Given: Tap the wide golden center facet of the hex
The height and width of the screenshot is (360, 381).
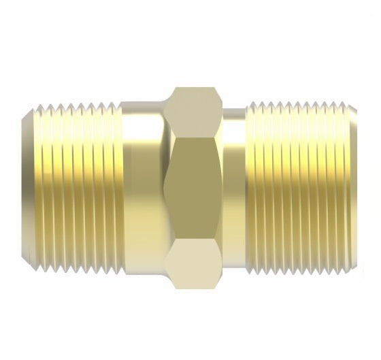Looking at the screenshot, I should click(195, 187).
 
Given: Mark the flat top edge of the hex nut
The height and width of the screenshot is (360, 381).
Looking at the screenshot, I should click(195, 88).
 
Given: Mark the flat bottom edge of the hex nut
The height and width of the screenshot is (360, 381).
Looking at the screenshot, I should click(195, 288).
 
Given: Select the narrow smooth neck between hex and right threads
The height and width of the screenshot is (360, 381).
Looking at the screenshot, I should click(235, 187).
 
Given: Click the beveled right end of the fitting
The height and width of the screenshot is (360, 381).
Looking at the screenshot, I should click(352, 187).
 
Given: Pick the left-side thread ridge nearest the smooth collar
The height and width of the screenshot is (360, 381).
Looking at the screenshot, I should click(118, 187).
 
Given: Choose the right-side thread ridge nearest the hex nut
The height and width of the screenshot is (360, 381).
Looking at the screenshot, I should click(250, 187).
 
